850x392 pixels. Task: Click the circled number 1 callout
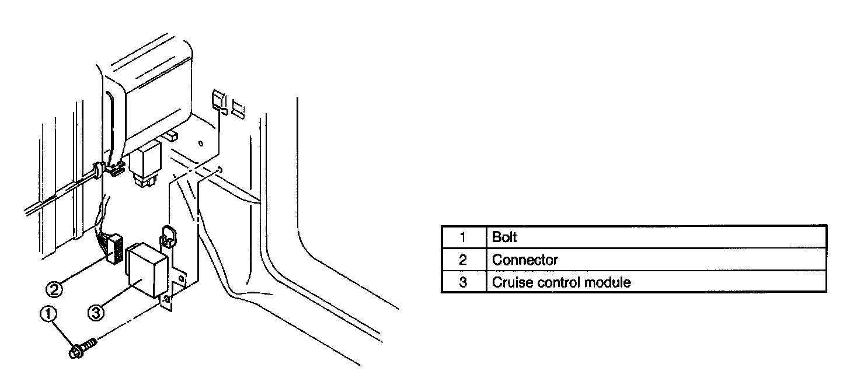point(48,314)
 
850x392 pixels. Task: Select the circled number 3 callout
point(96,313)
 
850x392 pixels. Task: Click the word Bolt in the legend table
point(504,237)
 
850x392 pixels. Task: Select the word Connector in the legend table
point(525,260)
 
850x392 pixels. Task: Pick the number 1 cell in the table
point(463,237)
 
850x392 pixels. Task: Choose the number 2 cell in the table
point(463,260)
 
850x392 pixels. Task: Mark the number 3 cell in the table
point(463,283)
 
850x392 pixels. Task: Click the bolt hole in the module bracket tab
point(167,300)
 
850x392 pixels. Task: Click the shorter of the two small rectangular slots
point(238,108)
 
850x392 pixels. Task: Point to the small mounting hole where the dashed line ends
point(218,170)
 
